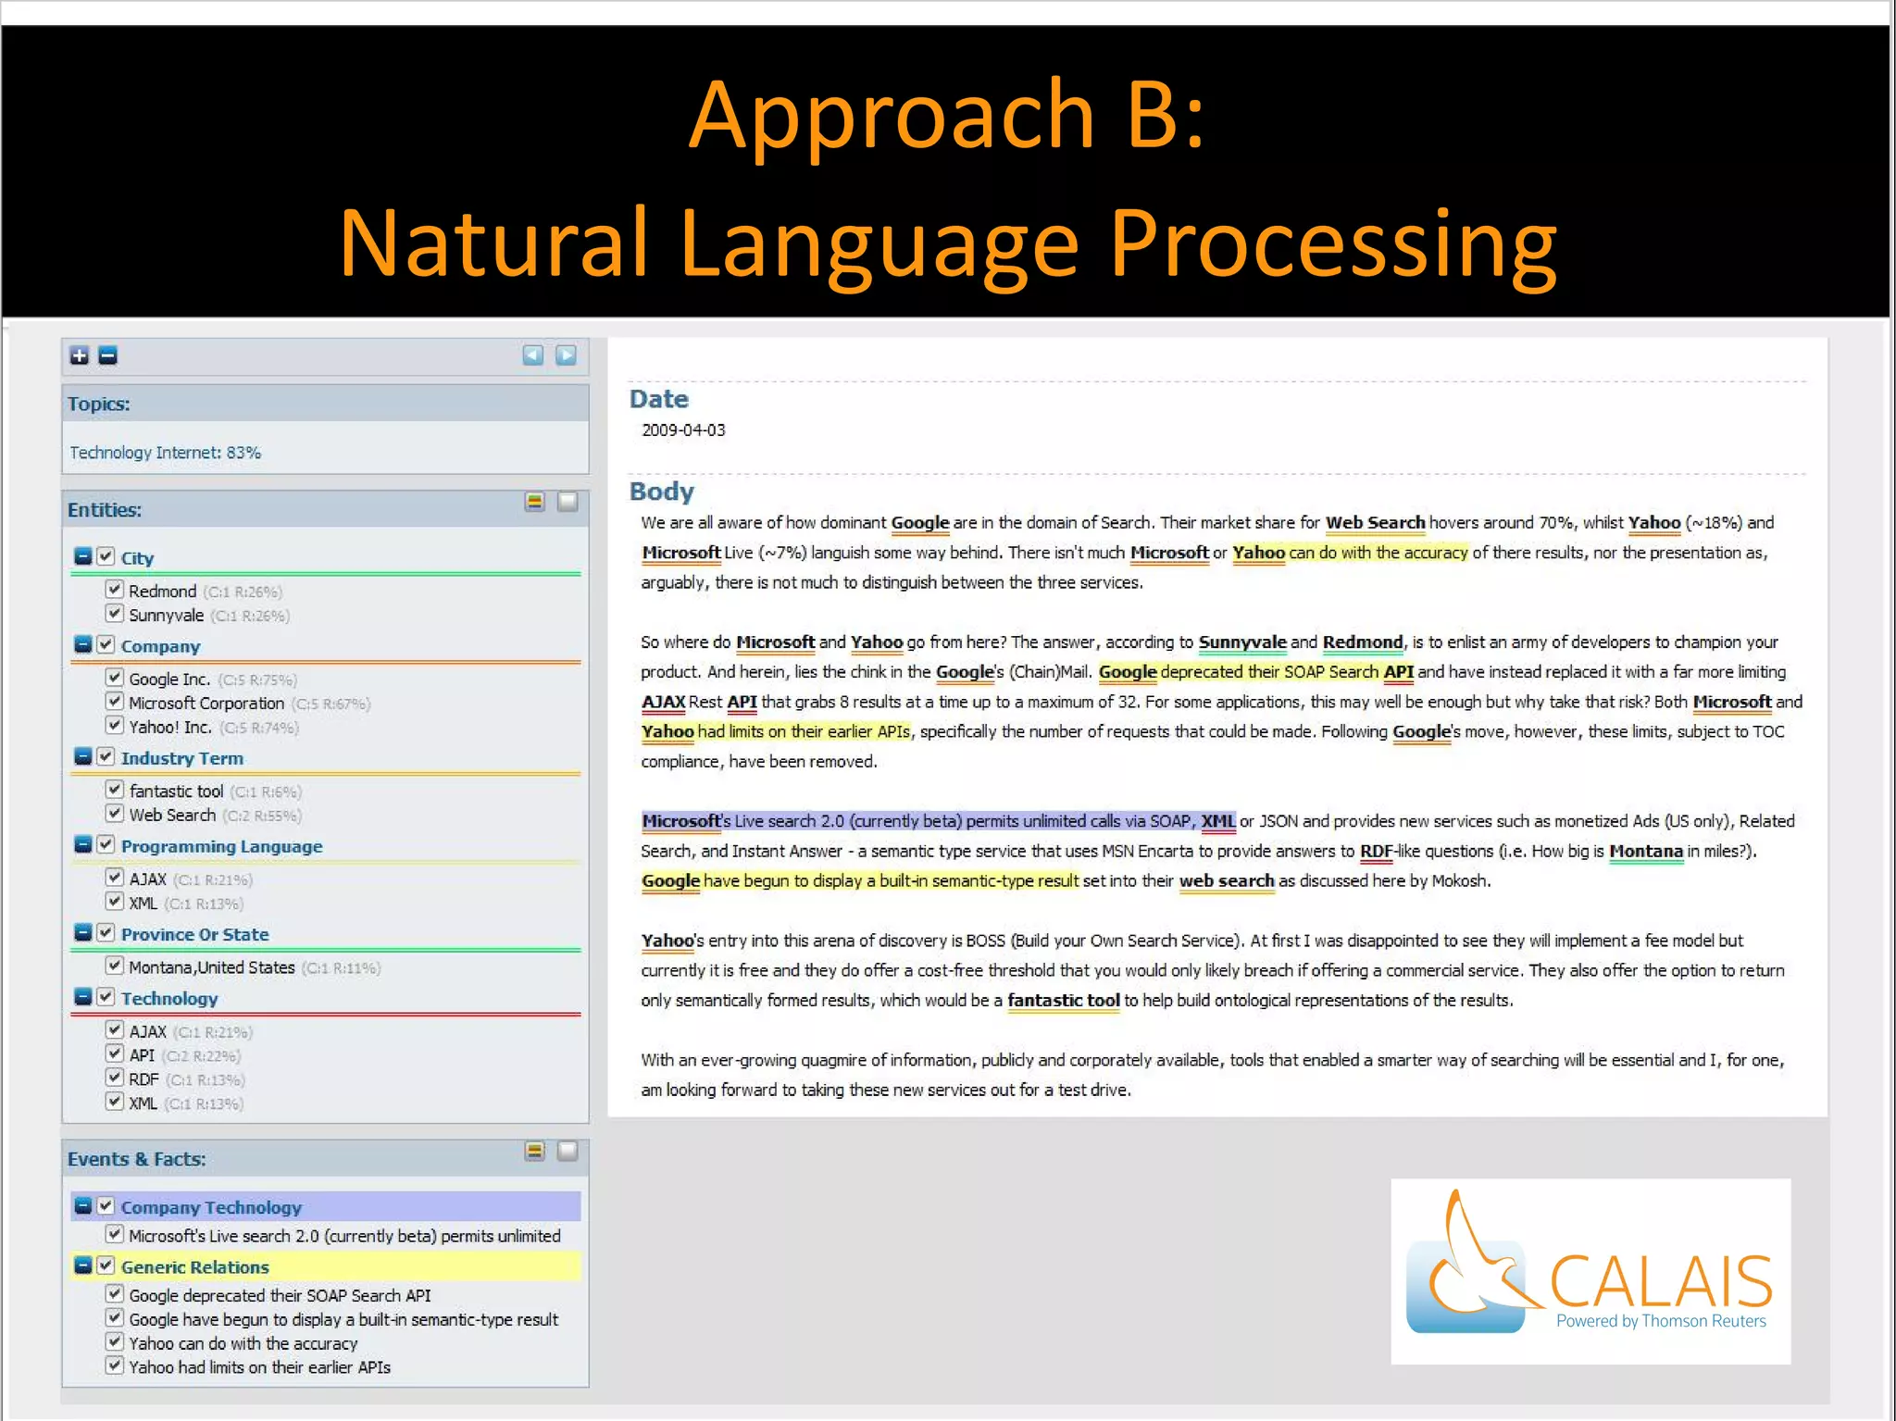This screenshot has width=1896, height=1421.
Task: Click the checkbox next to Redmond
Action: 115,589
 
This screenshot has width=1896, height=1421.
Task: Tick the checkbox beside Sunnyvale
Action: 115,613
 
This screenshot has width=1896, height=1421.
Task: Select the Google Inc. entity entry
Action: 169,679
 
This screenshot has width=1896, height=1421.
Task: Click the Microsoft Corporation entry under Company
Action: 206,704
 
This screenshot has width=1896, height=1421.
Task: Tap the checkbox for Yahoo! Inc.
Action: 115,725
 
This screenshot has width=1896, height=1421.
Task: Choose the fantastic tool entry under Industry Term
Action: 176,792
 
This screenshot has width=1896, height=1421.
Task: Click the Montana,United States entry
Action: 212,967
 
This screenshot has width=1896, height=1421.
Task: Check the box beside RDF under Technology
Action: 115,1078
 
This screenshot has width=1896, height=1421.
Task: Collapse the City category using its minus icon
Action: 83,556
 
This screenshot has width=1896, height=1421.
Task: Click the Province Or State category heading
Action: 194,935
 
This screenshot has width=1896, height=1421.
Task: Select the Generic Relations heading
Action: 194,1267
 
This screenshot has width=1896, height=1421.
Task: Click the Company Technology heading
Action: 211,1207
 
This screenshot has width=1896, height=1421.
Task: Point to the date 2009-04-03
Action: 683,430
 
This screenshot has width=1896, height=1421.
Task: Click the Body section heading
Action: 661,492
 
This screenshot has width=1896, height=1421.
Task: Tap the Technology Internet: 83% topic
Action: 166,453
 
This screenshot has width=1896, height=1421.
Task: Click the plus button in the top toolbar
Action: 80,355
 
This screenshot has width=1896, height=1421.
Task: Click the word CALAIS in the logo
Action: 1661,1281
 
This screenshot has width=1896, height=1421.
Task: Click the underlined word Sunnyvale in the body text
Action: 1241,642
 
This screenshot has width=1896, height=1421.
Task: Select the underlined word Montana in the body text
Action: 1645,852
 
